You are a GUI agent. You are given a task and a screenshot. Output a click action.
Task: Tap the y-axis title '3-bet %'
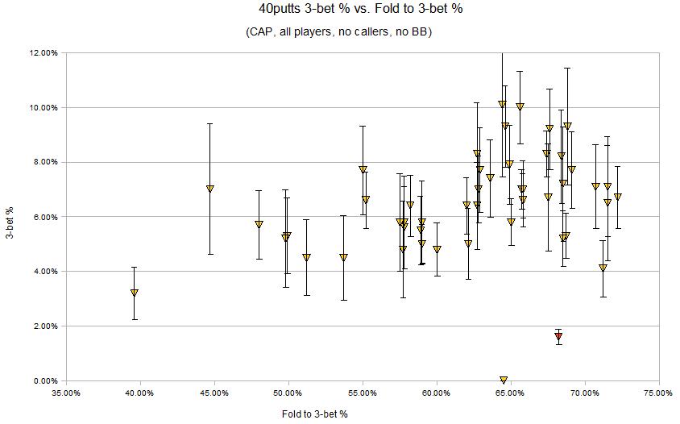coord(9,215)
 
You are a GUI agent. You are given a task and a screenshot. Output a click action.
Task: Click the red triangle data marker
coord(558,336)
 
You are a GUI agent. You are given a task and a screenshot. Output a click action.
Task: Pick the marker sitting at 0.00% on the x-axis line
coord(504,380)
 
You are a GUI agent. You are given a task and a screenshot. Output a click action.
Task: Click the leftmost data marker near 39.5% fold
coord(135,293)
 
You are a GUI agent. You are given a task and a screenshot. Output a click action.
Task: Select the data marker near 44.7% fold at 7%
coord(210,189)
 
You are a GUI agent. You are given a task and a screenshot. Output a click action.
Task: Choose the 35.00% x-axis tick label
coord(66,393)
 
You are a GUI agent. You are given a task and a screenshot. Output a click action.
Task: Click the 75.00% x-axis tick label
coord(659,393)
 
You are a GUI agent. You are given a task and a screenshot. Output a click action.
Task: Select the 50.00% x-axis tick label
coord(288,393)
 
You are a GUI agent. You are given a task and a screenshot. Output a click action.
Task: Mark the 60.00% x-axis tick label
coord(437,393)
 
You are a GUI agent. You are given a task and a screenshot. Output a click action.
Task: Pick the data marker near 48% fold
coord(259,224)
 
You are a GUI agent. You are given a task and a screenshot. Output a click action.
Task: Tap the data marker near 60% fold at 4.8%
coord(437,249)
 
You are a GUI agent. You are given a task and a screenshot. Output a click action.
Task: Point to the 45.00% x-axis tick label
coord(214,393)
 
